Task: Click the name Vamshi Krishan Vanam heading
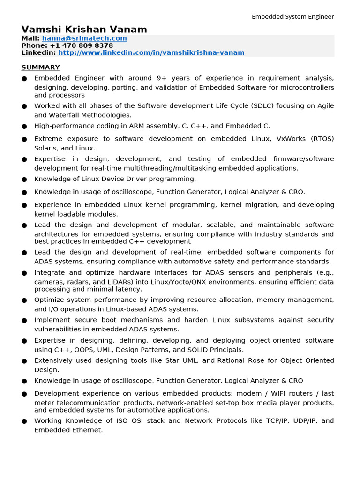coord(84,30)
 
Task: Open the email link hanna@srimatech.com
coord(84,38)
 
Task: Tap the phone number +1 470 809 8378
coord(81,45)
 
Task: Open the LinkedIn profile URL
coord(151,52)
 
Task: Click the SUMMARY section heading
coord(41,67)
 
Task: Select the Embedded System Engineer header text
coord(292,17)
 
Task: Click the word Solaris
coord(46,148)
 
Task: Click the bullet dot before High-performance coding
coord(24,127)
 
